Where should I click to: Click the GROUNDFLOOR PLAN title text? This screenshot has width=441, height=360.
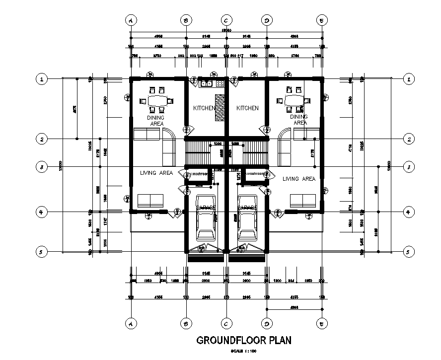coord(244,341)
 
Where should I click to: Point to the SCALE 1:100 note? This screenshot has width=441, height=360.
coord(244,352)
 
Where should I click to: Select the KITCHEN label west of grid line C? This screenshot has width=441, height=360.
coord(204,108)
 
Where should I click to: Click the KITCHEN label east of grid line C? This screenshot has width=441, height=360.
coord(247,108)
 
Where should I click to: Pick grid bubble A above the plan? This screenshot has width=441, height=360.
coord(131,20)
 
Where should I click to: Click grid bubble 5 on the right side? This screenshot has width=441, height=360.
coord(408,252)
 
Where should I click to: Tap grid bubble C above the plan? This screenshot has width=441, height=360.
coord(226,20)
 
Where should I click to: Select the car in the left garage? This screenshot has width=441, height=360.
coord(205,223)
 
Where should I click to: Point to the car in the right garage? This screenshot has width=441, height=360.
coord(246,223)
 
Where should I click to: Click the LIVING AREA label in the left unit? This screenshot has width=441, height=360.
coord(156,173)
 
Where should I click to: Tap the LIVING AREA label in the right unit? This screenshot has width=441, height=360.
coord(298,178)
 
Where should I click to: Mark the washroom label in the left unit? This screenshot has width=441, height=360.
coord(199,174)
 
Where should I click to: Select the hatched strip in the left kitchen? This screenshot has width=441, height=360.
coord(219,107)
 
